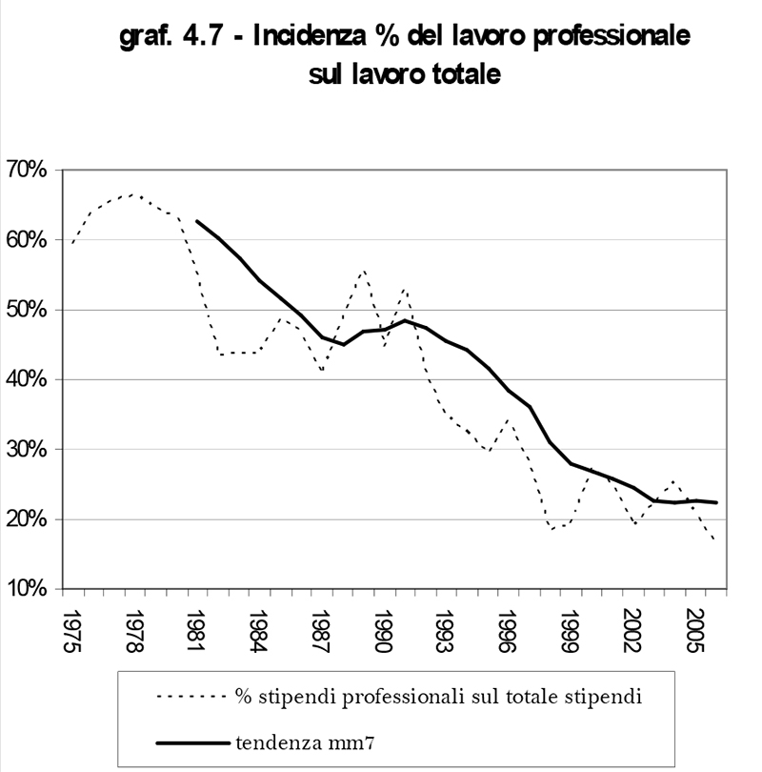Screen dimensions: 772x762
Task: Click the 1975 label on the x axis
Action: pos(71,631)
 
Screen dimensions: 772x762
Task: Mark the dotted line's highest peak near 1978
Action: pos(134,194)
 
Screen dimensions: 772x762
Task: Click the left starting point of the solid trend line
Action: pos(196,221)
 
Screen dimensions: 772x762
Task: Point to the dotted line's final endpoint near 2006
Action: pos(715,540)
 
